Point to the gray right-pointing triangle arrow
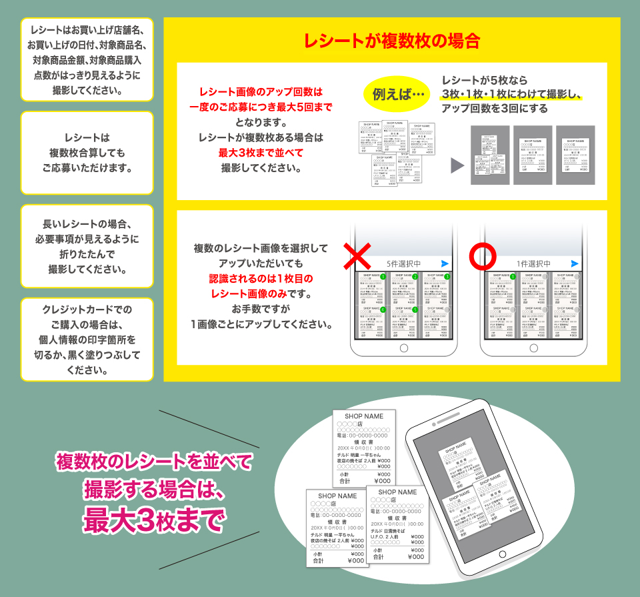pyautogui.click(x=457, y=165)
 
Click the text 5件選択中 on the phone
pyautogui.click(x=403, y=263)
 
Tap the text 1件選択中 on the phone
pyautogui.click(x=533, y=263)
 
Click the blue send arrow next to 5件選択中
pyautogui.click(x=445, y=263)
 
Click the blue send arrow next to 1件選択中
pyautogui.click(x=575, y=263)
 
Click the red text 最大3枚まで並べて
pyautogui.click(x=261, y=153)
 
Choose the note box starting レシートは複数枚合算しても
pyautogui.click(x=87, y=153)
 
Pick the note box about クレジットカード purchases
pyautogui.click(x=87, y=339)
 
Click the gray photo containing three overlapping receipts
pyautogui.click(x=490, y=155)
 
